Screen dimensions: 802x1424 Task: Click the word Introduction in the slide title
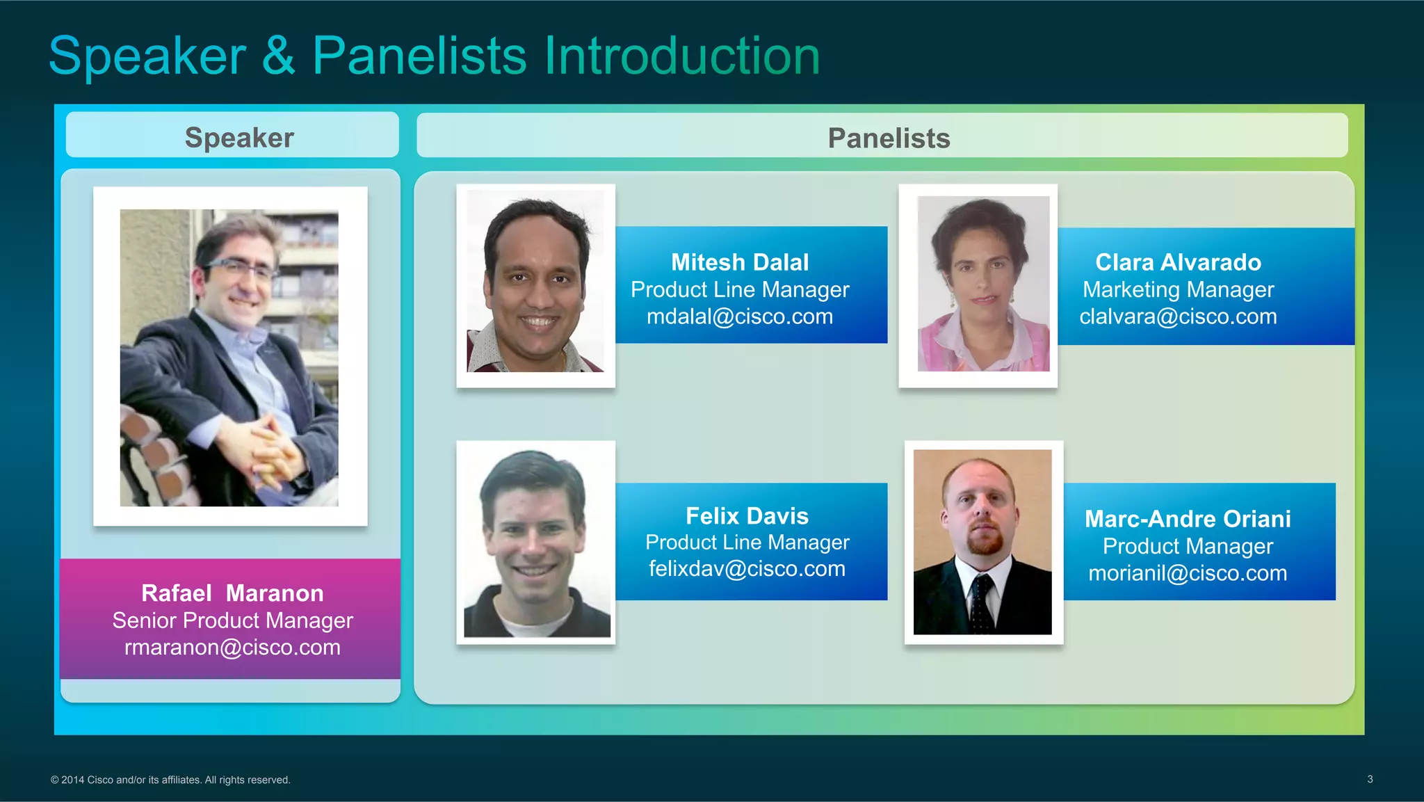coord(681,56)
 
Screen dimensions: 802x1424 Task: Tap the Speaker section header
coord(239,138)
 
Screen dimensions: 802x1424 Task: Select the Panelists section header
coord(889,138)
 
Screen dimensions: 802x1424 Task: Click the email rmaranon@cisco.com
coord(232,648)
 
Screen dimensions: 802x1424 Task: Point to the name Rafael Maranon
coord(232,593)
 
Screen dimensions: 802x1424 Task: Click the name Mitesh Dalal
coord(740,262)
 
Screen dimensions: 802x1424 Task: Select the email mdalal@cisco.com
coord(740,316)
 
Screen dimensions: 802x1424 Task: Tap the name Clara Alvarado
coord(1178,262)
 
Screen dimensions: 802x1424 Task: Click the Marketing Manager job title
coord(1178,289)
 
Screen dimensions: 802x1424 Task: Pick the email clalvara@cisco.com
coord(1178,316)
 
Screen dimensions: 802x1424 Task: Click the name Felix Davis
coord(747,516)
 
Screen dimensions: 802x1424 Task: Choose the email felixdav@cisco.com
coord(747,569)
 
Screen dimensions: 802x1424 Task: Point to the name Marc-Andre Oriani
coord(1188,519)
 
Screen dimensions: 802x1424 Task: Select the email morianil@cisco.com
coord(1188,573)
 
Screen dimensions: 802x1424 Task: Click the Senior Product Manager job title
coord(232,620)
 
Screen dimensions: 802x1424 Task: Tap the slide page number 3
coord(1370,779)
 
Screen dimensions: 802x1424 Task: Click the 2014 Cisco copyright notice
coord(170,780)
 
